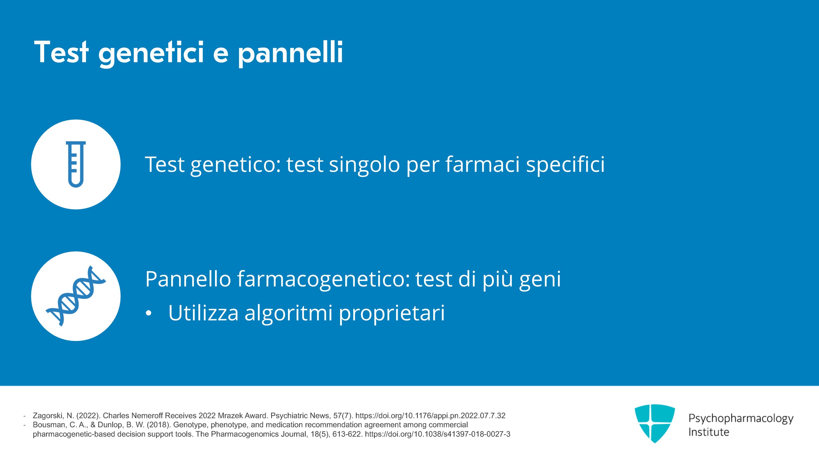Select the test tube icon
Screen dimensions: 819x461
(x=76, y=164)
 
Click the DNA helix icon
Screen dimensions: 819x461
(x=76, y=296)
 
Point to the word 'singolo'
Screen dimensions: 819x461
(x=364, y=165)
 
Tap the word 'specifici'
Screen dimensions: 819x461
(x=566, y=165)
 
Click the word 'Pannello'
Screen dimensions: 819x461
(x=188, y=279)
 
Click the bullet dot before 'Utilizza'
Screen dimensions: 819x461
(x=148, y=313)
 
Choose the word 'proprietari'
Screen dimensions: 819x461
(x=392, y=313)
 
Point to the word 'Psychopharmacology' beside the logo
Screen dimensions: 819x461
(x=741, y=419)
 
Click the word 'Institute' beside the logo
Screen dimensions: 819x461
(x=709, y=432)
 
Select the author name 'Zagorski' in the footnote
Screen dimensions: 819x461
(x=48, y=416)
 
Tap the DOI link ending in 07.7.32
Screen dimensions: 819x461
(x=430, y=416)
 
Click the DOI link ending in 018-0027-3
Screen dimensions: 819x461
(x=438, y=434)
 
